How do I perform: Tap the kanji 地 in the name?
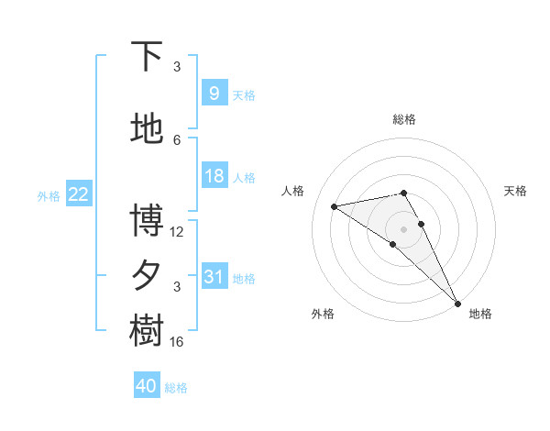pyautogui.click(x=147, y=130)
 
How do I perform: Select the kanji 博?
pyautogui.click(x=147, y=221)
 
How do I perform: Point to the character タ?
pyautogui.click(x=147, y=276)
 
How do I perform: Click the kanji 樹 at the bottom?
pyautogui.click(x=147, y=331)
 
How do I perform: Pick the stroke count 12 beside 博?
pyautogui.click(x=177, y=232)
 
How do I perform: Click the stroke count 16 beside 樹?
pyautogui.click(x=177, y=342)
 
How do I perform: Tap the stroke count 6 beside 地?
pyautogui.click(x=177, y=140)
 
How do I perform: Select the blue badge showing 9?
pyautogui.click(x=214, y=94)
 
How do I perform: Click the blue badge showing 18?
pyautogui.click(x=214, y=176)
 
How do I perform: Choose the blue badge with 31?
pyautogui.click(x=214, y=277)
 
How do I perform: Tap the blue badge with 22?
pyautogui.click(x=79, y=193)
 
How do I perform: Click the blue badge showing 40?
pyautogui.click(x=147, y=386)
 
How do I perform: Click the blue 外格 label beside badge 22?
pyautogui.click(x=49, y=195)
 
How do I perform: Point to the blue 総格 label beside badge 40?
pyautogui.click(x=176, y=388)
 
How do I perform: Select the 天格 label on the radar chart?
pyautogui.click(x=515, y=191)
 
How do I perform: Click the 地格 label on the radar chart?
pyautogui.click(x=480, y=314)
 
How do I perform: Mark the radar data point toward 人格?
pyautogui.click(x=335, y=206)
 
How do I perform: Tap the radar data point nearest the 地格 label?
pyautogui.click(x=457, y=303)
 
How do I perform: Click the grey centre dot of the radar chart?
pyautogui.click(x=403, y=227)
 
